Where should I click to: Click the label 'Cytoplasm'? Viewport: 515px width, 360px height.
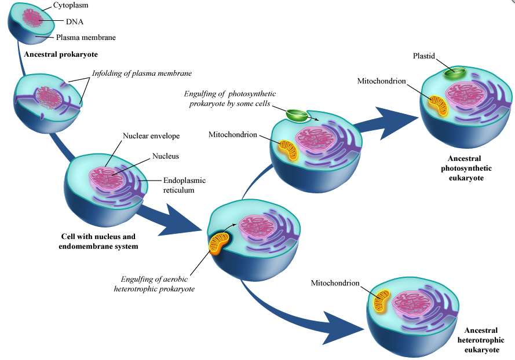pyautogui.click(x=72, y=5)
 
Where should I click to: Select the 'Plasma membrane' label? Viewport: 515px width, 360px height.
pyautogui.click(x=86, y=38)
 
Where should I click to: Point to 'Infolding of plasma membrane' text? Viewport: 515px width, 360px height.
pyautogui.click(x=142, y=74)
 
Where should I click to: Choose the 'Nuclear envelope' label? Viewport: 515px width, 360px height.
pyautogui.click(x=151, y=136)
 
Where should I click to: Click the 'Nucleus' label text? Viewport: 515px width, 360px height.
pyautogui.click(x=165, y=156)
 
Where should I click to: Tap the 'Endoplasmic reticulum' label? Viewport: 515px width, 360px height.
pyautogui.click(x=184, y=185)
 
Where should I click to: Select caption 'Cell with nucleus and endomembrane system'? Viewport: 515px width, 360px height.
pyautogui.click(x=98, y=241)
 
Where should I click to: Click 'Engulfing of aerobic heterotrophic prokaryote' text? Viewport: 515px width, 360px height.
pyautogui.click(x=157, y=284)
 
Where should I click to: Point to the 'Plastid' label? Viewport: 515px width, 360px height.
pyautogui.click(x=424, y=56)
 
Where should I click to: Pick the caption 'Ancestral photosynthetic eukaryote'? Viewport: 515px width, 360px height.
pyautogui.click(x=469, y=168)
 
